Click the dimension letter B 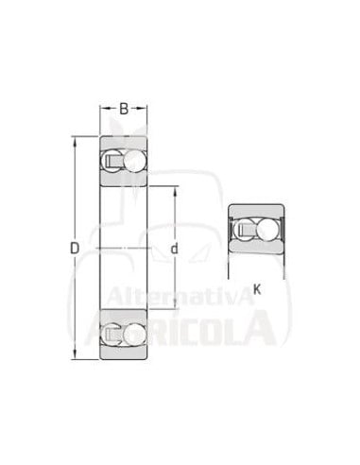coord(124,109)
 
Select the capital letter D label coord(75,249)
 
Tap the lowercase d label coord(174,249)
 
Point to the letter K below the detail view coord(257,289)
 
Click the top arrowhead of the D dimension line coord(75,141)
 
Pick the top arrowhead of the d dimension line coord(176,191)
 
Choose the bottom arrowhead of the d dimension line coord(176,304)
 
